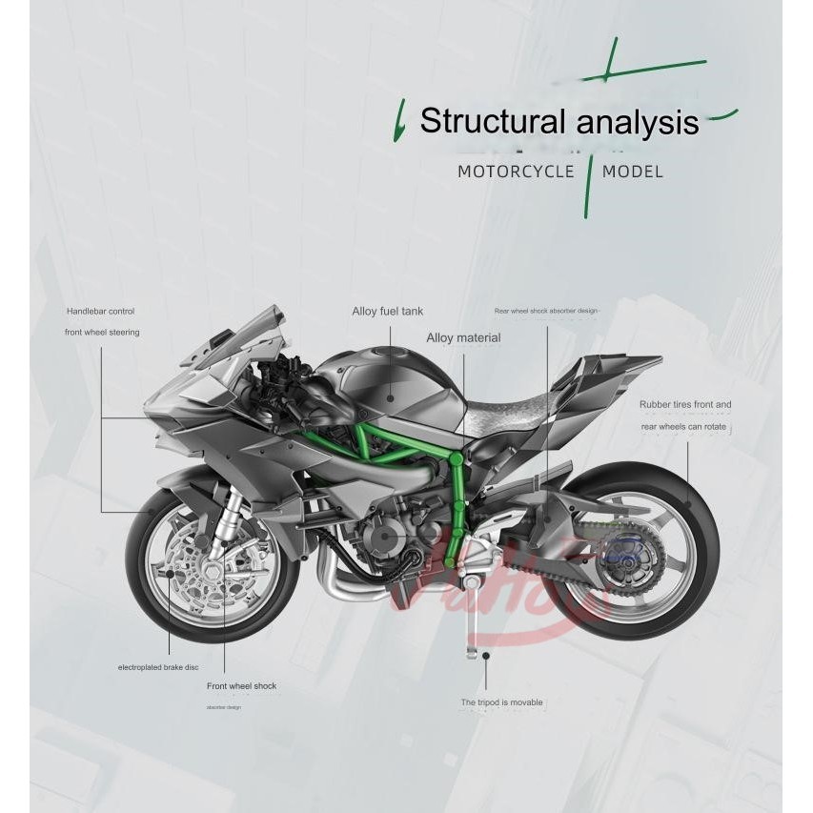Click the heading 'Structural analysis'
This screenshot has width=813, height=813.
click(x=559, y=122)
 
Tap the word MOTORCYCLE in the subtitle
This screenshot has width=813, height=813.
click(x=516, y=172)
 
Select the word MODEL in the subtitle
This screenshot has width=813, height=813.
click(x=632, y=172)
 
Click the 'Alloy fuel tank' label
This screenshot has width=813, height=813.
click(x=387, y=312)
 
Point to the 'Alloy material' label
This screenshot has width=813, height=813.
click(x=463, y=337)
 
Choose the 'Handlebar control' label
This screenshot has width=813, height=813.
click(x=100, y=312)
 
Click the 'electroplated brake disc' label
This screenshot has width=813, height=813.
click(x=158, y=667)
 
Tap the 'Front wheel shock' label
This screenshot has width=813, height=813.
click(x=241, y=686)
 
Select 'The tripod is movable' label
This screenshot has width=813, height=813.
click(x=501, y=702)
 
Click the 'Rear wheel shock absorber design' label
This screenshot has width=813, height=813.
click(x=545, y=311)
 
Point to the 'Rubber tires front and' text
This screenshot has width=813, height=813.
click(x=685, y=405)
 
